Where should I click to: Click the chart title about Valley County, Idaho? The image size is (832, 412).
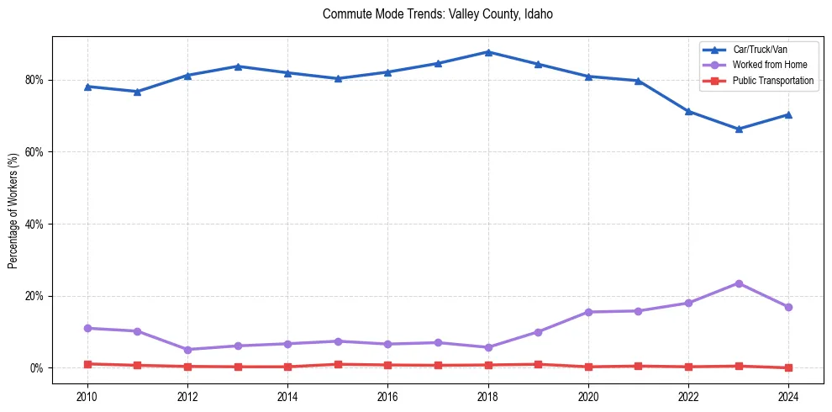pyautogui.click(x=437, y=14)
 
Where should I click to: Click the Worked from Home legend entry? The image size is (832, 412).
pyautogui.click(x=765, y=65)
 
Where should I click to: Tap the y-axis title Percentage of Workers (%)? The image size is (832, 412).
pyautogui.click(x=13, y=210)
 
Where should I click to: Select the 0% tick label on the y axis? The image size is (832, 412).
pyautogui.click(x=36, y=368)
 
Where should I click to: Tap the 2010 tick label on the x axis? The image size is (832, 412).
pyautogui.click(x=87, y=395)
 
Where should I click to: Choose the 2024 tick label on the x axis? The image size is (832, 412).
pyautogui.click(x=788, y=395)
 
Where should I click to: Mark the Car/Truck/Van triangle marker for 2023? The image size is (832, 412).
pyautogui.click(x=739, y=129)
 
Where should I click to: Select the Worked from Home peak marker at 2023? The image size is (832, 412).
pyautogui.click(x=739, y=283)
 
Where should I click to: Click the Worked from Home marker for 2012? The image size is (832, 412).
pyautogui.click(x=187, y=350)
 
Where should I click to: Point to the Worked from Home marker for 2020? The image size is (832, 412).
pyautogui.click(x=588, y=312)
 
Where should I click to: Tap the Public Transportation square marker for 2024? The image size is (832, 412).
pyautogui.click(x=788, y=367)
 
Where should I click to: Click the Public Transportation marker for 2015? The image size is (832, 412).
pyautogui.click(x=338, y=364)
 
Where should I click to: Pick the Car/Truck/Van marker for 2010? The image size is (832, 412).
pyautogui.click(x=87, y=87)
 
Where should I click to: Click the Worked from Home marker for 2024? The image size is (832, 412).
pyautogui.click(x=788, y=307)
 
